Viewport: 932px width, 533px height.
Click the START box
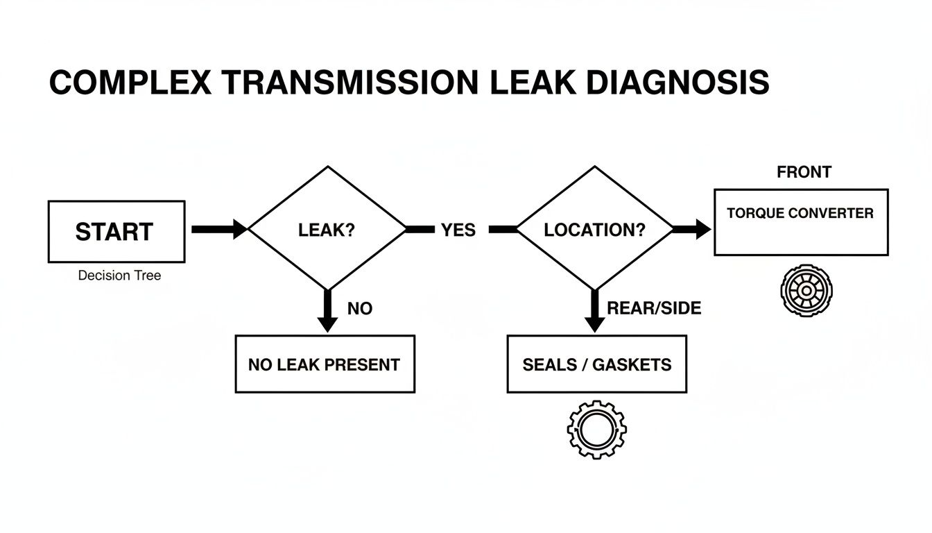point(116,232)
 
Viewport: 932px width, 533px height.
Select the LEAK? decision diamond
point(327,230)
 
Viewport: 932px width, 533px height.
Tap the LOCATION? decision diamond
point(594,230)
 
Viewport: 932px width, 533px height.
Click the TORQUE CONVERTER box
point(800,222)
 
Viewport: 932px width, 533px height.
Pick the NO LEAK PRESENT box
point(325,364)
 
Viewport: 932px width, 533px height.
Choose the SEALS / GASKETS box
point(596,364)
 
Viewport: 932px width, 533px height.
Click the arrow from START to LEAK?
point(218,229)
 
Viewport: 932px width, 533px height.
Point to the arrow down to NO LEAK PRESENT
point(327,310)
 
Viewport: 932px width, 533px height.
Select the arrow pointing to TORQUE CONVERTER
point(691,230)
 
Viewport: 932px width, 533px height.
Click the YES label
point(458,230)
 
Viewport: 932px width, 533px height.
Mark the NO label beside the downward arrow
point(360,308)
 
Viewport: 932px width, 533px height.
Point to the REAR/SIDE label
point(654,308)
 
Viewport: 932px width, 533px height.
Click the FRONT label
point(804,171)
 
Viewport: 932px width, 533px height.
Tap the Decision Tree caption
point(119,276)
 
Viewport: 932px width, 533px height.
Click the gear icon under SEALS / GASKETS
point(596,429)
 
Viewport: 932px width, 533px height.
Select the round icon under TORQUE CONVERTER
point(806,290)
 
